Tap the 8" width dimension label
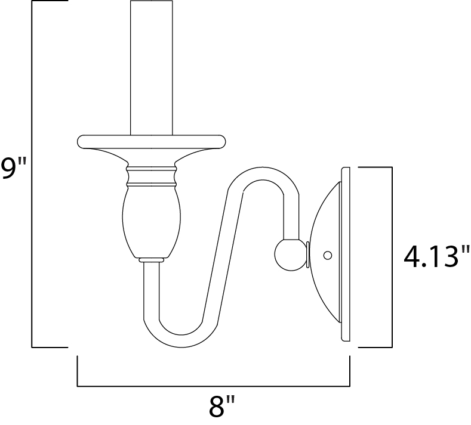221,409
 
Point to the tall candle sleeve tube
152,66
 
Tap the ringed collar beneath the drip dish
152,176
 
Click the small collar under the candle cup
152,260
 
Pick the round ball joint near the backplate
289,254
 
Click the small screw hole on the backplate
327,255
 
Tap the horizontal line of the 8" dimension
213,386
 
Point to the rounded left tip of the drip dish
81,141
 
